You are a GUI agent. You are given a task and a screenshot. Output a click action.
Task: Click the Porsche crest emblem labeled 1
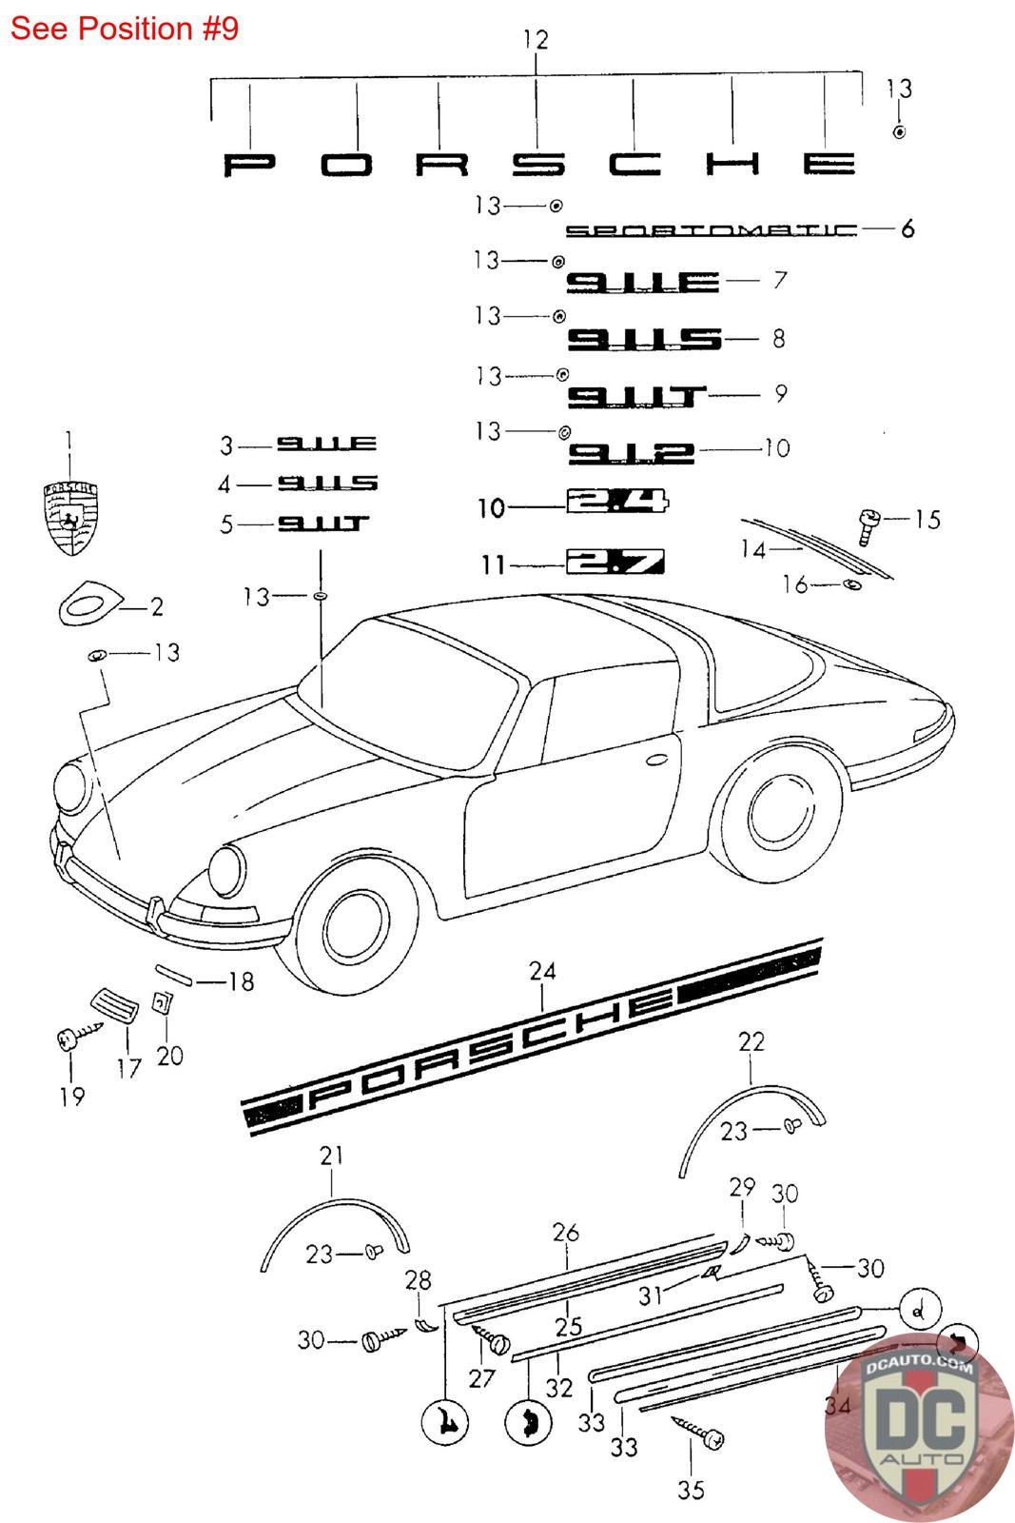click(70, 518)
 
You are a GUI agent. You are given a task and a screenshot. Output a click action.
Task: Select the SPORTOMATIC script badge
click(712, 230)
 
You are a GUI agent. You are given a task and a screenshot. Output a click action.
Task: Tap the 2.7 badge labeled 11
click(615, 563)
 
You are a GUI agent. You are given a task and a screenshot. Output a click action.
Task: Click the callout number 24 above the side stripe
click(542, 972)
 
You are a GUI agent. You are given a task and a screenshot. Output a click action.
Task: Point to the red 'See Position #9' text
click(125, 29)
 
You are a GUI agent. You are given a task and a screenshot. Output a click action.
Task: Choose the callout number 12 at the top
click(536, 40)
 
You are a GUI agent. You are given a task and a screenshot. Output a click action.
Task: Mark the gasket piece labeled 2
click(90, 602)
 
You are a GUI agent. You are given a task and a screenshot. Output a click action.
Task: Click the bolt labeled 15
click(869, 523)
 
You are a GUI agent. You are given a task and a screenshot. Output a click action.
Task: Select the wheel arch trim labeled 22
click(751, 1109)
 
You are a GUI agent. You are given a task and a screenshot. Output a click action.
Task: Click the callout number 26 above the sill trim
click(566, 1233)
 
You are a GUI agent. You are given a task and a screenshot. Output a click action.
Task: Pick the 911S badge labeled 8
click(644, 339)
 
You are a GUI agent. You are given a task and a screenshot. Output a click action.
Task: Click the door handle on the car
click(655, 760)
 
